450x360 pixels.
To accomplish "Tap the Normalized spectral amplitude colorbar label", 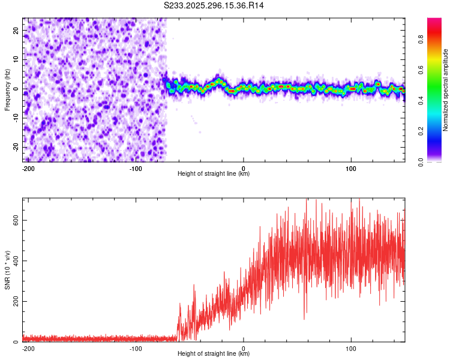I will coord(446,90).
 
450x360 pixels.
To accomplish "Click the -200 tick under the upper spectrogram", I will coord(28,168).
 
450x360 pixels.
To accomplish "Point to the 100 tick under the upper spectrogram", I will coord(351,168).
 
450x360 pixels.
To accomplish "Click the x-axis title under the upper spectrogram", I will coord(214,174).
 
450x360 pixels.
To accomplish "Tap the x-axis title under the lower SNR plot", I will coord(214,354).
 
